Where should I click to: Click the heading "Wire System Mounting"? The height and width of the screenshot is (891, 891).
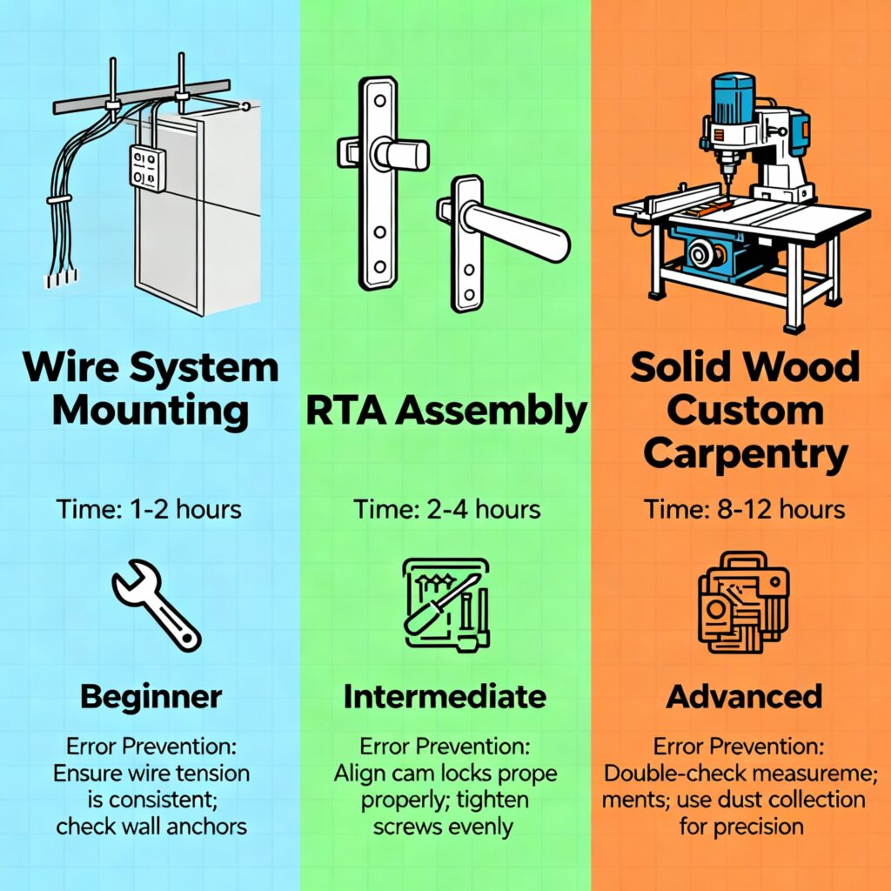pos(151,388)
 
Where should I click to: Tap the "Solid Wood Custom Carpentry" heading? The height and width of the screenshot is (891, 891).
pos(745,410)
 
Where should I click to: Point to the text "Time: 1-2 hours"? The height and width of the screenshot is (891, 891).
pos(150,509)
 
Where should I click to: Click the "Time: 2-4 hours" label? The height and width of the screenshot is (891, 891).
pos(446,509)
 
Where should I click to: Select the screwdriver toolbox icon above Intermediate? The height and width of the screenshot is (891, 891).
pos(445,601)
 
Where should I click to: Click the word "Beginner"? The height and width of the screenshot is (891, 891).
pos(151,696)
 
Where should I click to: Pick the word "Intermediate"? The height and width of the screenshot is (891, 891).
pos(445,696)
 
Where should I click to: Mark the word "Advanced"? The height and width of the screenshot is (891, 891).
pos(744,696)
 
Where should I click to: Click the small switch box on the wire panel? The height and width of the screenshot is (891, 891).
pos(149,168)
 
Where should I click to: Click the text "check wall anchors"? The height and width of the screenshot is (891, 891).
pos(151,826)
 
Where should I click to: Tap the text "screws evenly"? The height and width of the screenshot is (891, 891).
pos(445,826)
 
